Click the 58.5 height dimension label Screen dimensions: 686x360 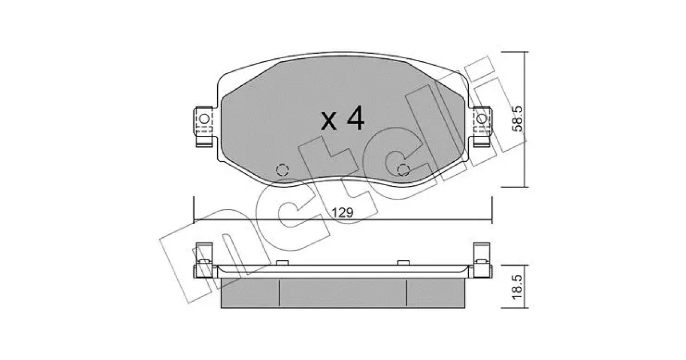point(518,119)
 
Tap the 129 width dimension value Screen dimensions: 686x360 point(342,212)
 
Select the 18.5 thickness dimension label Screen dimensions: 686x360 point(518,287)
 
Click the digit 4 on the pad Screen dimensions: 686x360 point(355,118)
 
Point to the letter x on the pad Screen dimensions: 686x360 point(329,121)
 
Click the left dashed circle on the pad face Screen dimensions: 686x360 point(282,170)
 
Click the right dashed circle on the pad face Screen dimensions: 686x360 point(403,170)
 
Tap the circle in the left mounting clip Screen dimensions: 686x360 point(204,118)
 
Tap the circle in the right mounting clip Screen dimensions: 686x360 point(481,118)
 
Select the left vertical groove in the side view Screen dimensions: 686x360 point(280,292)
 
